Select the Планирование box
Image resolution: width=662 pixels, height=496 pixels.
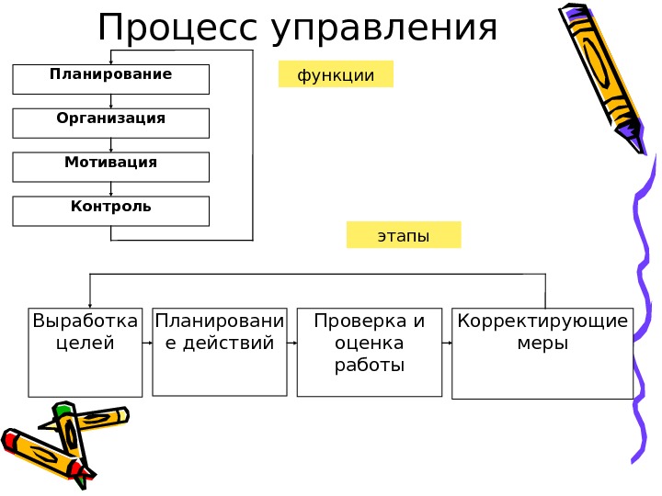click(x=111, y=79)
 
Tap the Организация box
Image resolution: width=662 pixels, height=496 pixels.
click(x=111, y=123)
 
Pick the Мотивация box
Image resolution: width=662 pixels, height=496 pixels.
click(x=111, y=167)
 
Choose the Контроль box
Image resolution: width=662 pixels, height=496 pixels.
click(x=111, y=211)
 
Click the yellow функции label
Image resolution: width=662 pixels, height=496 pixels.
click(x=336, y=74)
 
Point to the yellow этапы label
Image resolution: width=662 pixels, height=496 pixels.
click(x=404, y=235)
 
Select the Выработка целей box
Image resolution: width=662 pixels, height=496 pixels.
click(x=86, y=352)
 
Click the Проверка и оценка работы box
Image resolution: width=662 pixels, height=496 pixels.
click(x=371, y=352)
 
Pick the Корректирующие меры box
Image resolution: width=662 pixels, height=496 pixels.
click(x=542, y=354)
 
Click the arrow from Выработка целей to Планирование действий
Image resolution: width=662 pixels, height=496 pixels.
click(x=147, y=343)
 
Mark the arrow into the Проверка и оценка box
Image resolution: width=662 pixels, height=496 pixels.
click(x=291, y=343)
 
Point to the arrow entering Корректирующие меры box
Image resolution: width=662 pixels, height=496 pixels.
click(x=447, y=343)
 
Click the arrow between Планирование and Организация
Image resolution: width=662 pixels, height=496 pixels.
click(x=111, y=101)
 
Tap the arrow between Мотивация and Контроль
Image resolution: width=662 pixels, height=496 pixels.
click(x=111, y=189)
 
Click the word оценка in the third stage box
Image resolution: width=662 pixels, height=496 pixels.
click(x=371, y=343)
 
